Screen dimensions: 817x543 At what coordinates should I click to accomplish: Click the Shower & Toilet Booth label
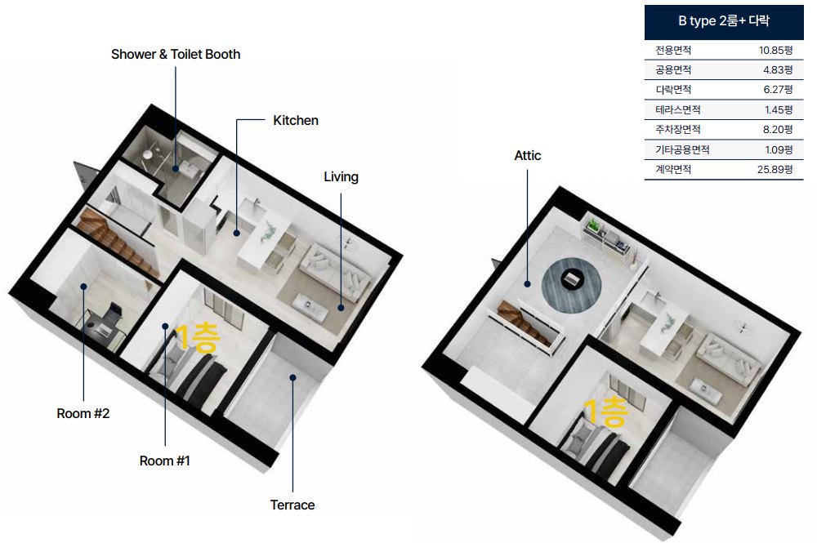176,54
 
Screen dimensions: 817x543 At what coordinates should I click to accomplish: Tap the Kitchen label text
296,120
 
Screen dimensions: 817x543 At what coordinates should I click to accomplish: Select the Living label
341,177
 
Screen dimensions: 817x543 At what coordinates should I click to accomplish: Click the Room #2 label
83,413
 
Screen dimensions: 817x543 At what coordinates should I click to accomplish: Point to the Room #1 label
165,461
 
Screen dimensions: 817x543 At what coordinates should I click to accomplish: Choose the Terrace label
292,505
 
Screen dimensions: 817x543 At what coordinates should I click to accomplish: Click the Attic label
527,156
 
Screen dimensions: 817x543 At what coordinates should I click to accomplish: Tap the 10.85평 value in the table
775,50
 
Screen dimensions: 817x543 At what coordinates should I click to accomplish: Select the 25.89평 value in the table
775,169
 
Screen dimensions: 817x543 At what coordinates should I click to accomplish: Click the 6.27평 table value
778,90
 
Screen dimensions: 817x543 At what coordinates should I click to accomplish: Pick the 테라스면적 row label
678,110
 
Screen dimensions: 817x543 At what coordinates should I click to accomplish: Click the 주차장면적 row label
678,129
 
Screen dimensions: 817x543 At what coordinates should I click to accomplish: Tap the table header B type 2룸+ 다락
724,21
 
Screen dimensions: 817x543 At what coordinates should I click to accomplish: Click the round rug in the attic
572,285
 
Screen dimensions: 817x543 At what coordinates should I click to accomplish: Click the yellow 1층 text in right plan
606,412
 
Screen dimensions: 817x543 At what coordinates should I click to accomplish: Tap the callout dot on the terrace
292,377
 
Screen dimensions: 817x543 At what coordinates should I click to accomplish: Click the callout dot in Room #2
83,287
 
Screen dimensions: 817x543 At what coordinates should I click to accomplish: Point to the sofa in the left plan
334,271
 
